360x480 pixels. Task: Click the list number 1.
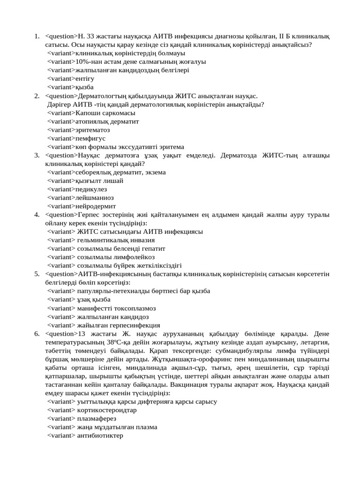click(x=36, y=36)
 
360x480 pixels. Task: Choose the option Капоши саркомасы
click(x=105, y=113)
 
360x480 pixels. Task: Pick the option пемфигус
click(x=90, y=138)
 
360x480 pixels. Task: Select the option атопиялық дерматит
click(x=107, y=121)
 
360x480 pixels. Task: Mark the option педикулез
click(x=91, y=189)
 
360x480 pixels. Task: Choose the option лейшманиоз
click(x=94, y=197)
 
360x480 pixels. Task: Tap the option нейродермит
click(x=95, y=206)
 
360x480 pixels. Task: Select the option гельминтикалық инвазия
click(x=116, y=240)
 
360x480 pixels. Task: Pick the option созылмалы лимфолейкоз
click(x=116, y=257)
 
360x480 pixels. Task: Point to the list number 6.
click(x=36, y=334)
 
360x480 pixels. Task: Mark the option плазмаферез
click(x=97, y=419)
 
